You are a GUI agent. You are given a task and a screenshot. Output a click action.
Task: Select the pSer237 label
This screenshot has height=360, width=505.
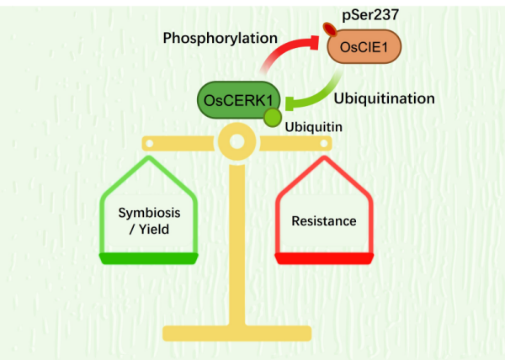pos(372,16)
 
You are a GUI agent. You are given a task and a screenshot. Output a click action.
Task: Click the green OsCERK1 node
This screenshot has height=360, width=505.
pos(238,100)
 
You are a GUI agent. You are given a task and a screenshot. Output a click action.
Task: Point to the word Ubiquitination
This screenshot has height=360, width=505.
pos(383,98)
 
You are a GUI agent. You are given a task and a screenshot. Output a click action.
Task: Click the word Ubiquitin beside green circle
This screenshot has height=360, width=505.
pos(313,126)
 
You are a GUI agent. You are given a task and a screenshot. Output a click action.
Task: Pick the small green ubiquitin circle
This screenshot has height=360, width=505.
pos(272,119)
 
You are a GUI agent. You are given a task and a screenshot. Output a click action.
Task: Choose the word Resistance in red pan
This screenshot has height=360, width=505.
pos(324,221)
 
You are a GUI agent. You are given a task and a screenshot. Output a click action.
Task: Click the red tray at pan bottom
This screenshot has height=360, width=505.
pos(324,257)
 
